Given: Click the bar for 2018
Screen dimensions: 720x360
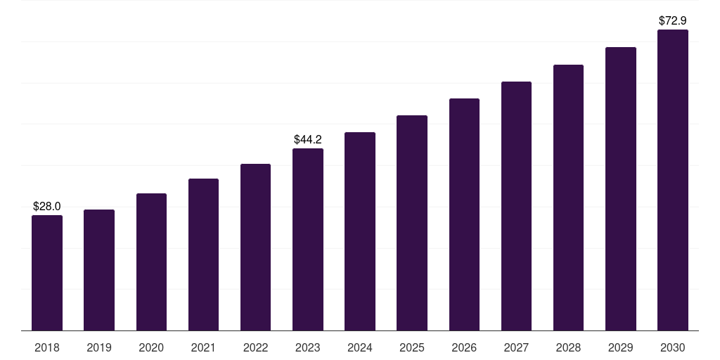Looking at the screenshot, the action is click(x=47, y=273).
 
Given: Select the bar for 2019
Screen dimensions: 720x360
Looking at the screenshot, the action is click(x=99, y=270).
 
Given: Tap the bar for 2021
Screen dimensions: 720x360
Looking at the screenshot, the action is click(x=203, y=255).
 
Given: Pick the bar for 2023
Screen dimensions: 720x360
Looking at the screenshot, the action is click(x=308, y=239).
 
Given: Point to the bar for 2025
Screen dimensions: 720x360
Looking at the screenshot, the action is click(x=412, y=223).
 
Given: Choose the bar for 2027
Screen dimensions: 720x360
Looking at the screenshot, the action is click(x=516, y=206).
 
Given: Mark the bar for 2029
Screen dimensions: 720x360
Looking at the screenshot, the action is click(x=621, y=188).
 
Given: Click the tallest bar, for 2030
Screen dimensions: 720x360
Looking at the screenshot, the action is click(x=673, y=180).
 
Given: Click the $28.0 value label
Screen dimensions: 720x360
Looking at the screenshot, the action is click(x=47, y=207).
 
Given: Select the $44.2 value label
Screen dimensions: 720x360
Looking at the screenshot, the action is click(x=308, y=140).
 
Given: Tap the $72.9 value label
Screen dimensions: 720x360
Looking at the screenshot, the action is click(x=673, y=20).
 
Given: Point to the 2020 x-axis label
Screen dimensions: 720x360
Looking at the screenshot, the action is click(x=151, y=348).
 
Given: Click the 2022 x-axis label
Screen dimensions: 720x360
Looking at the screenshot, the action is click(x=255, y=348).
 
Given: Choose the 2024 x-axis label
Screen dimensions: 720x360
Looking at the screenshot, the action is click(x=359, y=348).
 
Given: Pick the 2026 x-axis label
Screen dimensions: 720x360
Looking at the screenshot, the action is click(x=464, y=348).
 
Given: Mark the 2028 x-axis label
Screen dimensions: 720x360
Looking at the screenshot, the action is click(x=568, y=348).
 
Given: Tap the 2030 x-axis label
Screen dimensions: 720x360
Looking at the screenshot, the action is click(x=673, y=348).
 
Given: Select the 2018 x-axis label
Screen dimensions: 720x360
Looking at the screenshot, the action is click(x=47, y=348).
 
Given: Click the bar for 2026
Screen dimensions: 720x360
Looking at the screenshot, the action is click(x=464, y=214).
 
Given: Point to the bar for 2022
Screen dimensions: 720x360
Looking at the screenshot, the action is click(x=255, y=247).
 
